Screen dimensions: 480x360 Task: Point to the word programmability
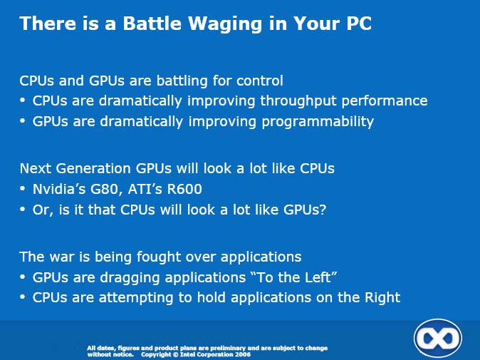pos(318,122)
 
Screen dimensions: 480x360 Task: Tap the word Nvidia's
pos(59,189)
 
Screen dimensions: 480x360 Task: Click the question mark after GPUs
pos(323,210)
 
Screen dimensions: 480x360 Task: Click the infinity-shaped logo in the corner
pos(438,338)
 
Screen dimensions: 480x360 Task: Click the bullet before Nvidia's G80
pos(22,189)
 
